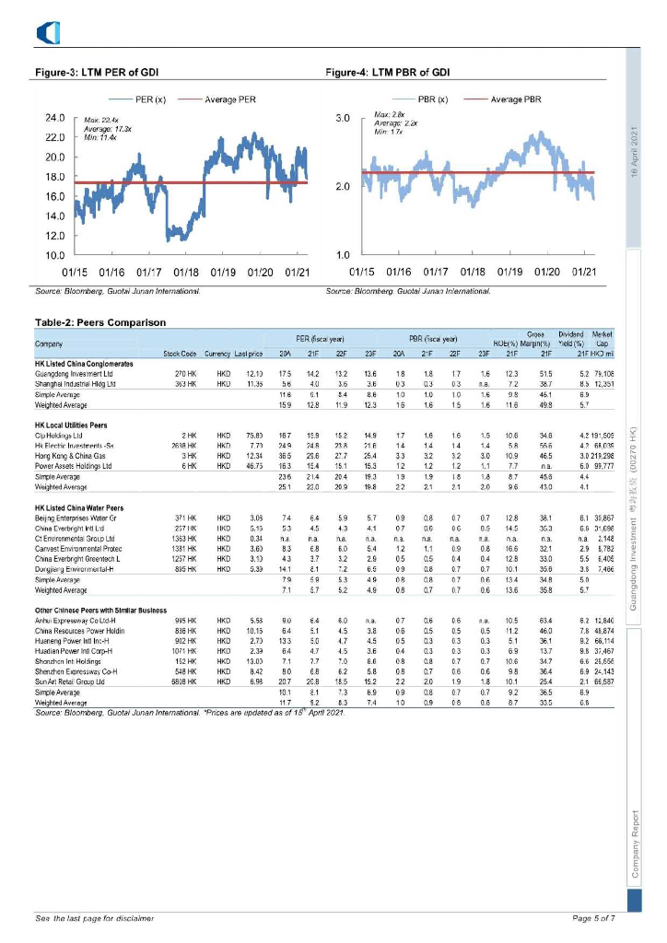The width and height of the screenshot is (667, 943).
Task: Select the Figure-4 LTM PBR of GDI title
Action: pos(388,72)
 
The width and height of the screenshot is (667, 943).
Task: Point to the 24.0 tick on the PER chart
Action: pos(54,119)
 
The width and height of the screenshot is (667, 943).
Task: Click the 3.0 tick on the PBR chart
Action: pos(341,119)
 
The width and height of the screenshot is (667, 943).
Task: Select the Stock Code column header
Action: pos(181,355)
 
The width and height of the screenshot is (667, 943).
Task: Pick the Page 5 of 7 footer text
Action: pos(593,918)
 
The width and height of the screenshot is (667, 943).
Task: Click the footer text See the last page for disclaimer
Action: pos(94,918)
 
